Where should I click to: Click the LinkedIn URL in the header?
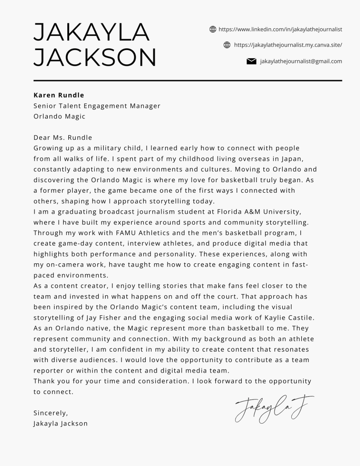click(280, 30)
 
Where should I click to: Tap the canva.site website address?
click(288, 45)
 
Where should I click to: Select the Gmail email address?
click(301, 61)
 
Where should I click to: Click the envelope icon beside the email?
click(251, 61)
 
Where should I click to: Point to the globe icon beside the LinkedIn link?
click(213, 30)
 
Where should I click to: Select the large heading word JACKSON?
click(95, 58)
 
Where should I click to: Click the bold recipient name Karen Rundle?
click(59, 95)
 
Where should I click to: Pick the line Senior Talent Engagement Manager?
click(97, 106)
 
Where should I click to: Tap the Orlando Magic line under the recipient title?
click(60, 116)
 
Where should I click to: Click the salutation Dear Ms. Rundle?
click(63, 138)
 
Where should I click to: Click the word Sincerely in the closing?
click(51, 413)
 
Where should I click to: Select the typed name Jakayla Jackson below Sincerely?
click(61, 423)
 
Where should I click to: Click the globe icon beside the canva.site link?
click(228, 45)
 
